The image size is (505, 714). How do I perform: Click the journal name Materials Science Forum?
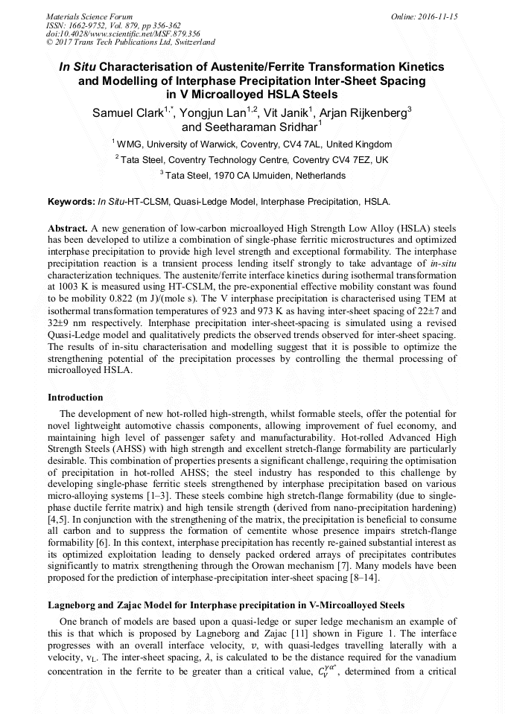pyautogui.click(x=89, y=16)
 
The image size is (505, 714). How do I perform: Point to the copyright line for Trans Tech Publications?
pyautogui.click(x=130, y=42)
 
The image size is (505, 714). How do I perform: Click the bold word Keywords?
pyautogui.click(x=71, y=202)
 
